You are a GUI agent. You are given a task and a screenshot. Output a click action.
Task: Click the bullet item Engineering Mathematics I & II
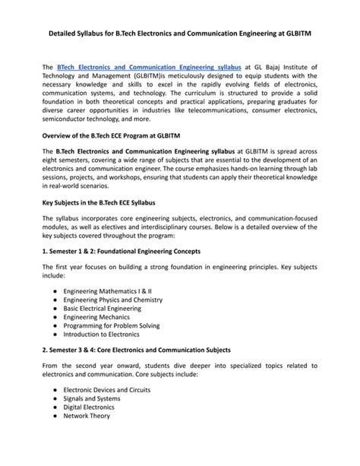(108, 291)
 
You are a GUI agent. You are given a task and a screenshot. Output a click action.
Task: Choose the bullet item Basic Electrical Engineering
(104, 309)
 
